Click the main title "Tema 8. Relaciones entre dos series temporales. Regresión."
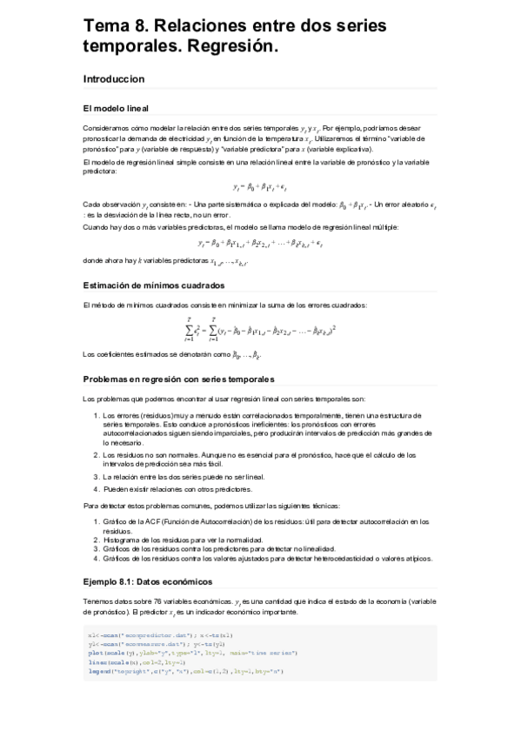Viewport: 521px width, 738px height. [x=235, y=37]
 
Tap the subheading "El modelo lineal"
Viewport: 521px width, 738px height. [x=116, y=109]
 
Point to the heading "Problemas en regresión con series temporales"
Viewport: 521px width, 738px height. [x=177, y=379]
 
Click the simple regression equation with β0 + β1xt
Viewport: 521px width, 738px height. [x=259, y=187]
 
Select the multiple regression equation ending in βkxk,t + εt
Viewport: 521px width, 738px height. [x=260, y=243]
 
